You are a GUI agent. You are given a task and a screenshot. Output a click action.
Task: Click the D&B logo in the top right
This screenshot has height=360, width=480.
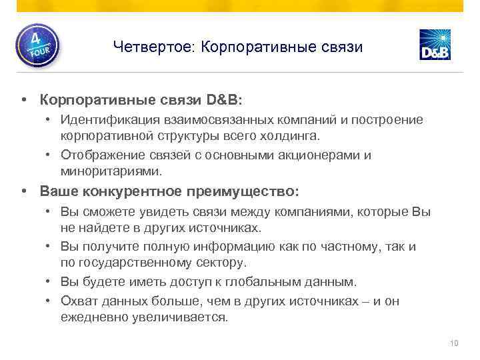coord(435,45)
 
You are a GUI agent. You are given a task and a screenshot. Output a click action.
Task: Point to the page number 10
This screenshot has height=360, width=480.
coord(455,343)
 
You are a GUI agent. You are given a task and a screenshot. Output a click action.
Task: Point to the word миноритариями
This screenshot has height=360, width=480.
coord(111,171)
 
